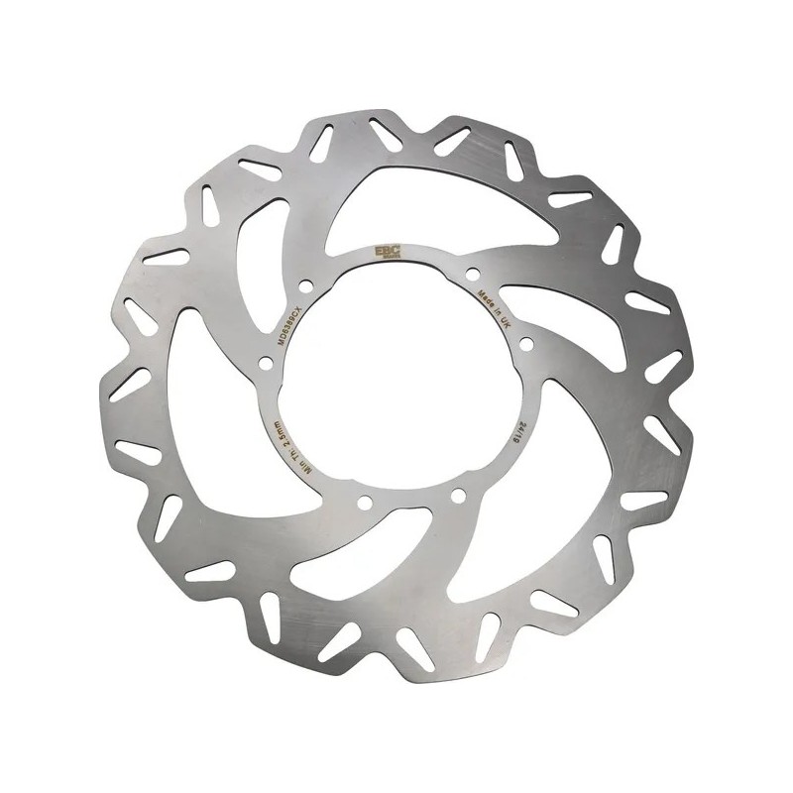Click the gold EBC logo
[383, 252]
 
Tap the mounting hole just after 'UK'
[525, 345]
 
